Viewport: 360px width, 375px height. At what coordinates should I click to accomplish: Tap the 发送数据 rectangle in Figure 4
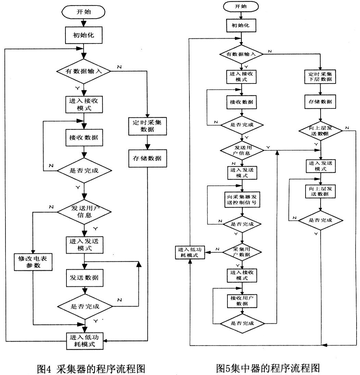(x=84, y=278)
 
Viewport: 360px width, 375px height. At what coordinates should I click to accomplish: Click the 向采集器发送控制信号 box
(x=242, y=199)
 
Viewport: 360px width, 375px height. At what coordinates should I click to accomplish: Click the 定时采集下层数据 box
(x=320, y=77)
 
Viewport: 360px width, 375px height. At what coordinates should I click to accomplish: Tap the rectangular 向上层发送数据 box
(x=320, y=191)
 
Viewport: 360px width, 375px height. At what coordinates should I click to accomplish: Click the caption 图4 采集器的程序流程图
(x=90, y=369)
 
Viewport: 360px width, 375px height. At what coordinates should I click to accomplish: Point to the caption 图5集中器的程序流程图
(x=268, y=368)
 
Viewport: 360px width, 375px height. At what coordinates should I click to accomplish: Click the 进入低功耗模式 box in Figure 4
(x=84, y=340)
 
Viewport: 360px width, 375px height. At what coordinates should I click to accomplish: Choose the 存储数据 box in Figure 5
(x=320, y=102)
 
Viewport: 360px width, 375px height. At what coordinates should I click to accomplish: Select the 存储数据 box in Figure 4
(x=147, y=158)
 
